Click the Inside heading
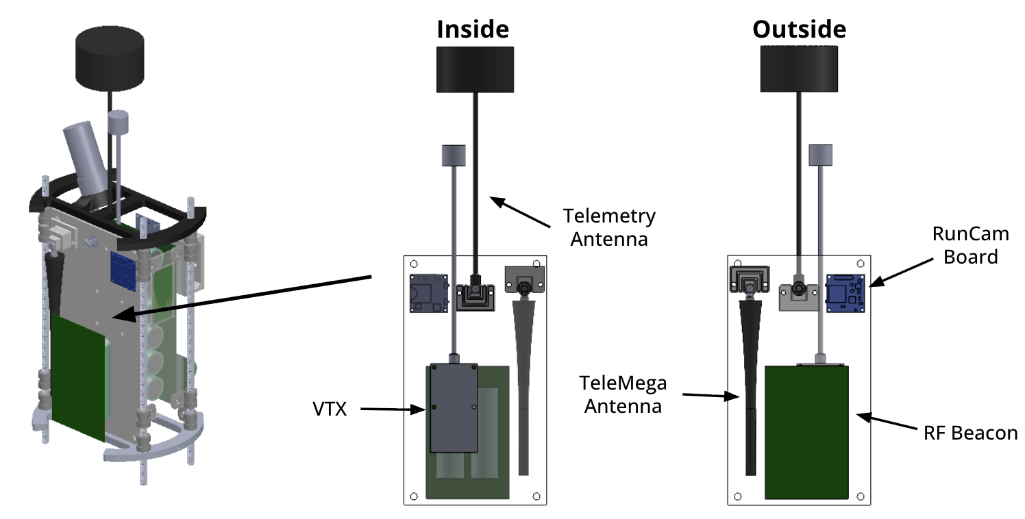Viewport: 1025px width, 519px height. point(473,29)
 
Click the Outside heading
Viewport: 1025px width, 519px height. point(799,29)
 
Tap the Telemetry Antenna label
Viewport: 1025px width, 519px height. point(609,227)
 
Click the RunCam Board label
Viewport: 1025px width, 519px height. point(971,245)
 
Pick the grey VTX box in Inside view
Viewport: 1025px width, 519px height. point(453,407)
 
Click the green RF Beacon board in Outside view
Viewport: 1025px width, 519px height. point(807,431)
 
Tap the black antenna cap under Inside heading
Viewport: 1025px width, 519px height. point(474,68)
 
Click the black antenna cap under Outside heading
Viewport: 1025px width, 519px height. point(799,68)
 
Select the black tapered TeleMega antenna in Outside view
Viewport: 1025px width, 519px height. point(750,383)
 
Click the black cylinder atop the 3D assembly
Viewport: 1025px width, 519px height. point(109,58)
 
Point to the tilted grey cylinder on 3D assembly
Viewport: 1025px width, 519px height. point(88,157)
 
